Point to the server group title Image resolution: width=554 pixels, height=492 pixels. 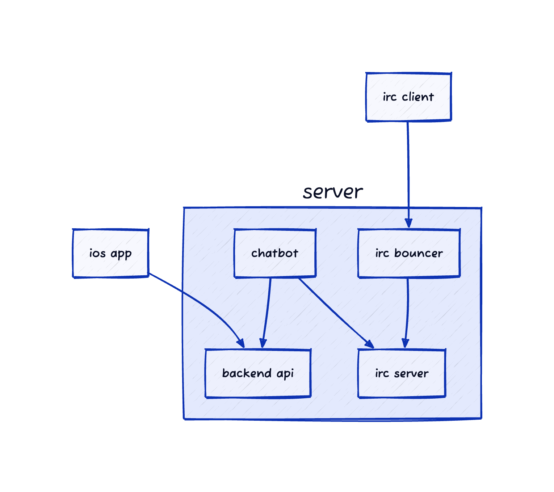tap(333, 192)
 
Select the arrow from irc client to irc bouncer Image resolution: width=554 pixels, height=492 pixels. tap(408, 170)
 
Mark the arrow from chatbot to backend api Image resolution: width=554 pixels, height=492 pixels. tap(267, 311)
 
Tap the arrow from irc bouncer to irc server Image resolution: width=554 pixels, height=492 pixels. tap(408, 311)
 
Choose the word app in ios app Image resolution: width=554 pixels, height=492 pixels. tap(121, 254)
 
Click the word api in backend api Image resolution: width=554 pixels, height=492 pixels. tap(285, 374)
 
